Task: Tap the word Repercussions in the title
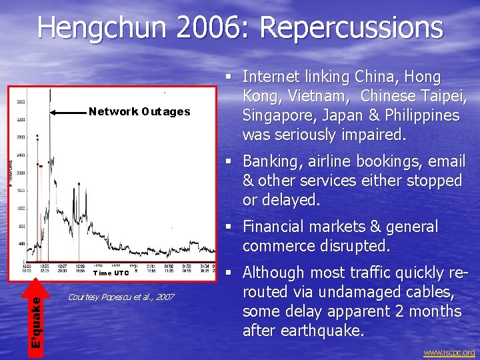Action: click(351, 28)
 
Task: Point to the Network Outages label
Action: click(139, 111)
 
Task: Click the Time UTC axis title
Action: click(111, 273)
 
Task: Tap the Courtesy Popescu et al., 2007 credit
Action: click(121, 296)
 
